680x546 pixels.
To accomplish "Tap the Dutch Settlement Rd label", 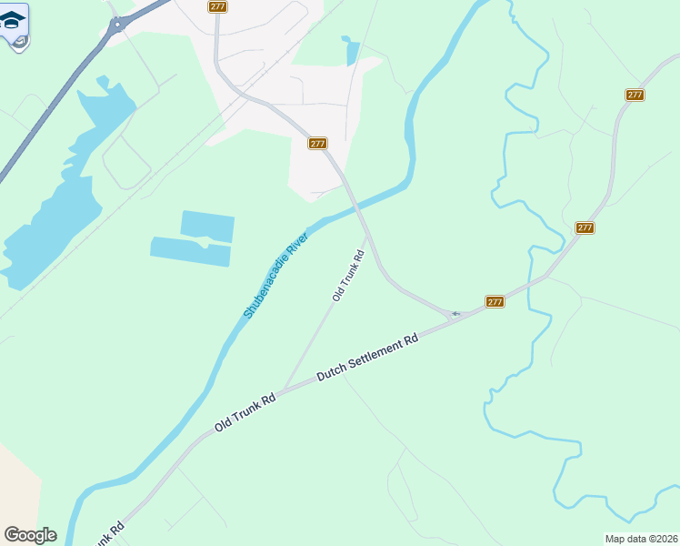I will [x=367, y=356].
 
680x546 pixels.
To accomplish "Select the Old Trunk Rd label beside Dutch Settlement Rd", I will [x=245, y=413].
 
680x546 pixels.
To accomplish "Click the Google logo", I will [x=30, y=535].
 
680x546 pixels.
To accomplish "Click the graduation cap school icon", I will [x=13, y=20].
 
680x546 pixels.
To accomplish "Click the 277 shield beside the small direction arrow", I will [x=495, y=301].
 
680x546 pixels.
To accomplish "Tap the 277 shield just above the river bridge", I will [x=316, y=144].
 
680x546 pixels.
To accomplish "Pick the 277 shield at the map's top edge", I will [x=217, y=6].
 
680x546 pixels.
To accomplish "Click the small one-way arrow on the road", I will [x=455, y=314].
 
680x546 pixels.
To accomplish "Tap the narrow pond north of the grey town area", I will [x=352, y=52].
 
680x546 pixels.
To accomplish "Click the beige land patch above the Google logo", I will [x=16, y=482].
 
